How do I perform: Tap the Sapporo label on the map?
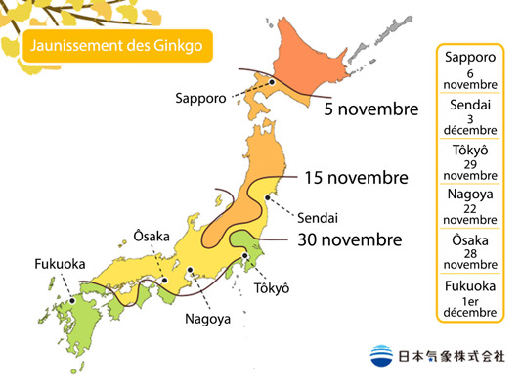pos(202,98)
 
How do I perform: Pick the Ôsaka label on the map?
pos(152,236)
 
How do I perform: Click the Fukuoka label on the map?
pos(60,264)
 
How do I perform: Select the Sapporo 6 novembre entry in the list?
pos(469,69)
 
